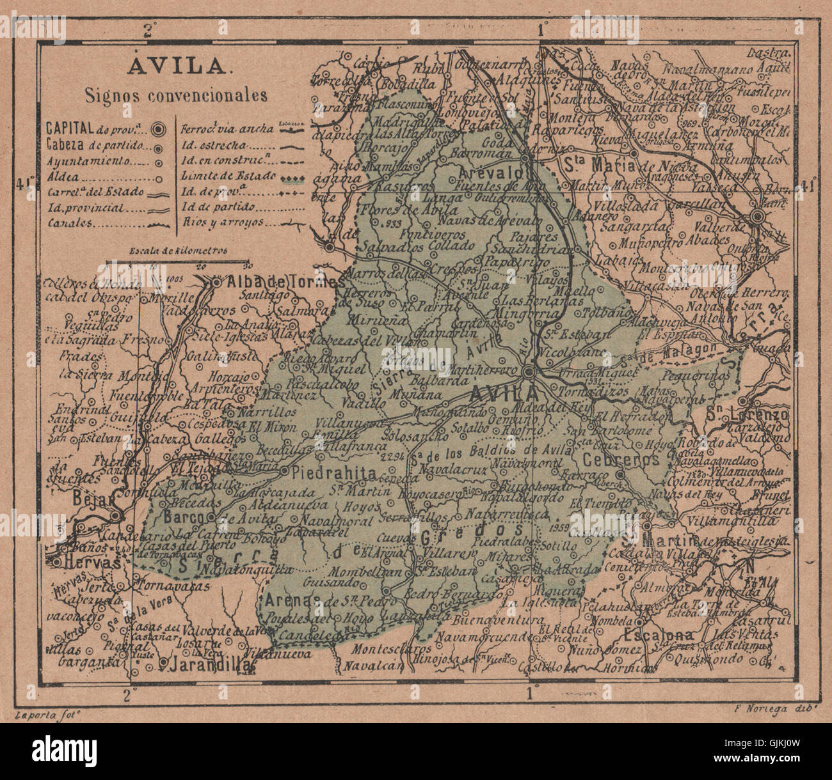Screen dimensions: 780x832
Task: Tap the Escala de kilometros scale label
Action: [178, 251]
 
